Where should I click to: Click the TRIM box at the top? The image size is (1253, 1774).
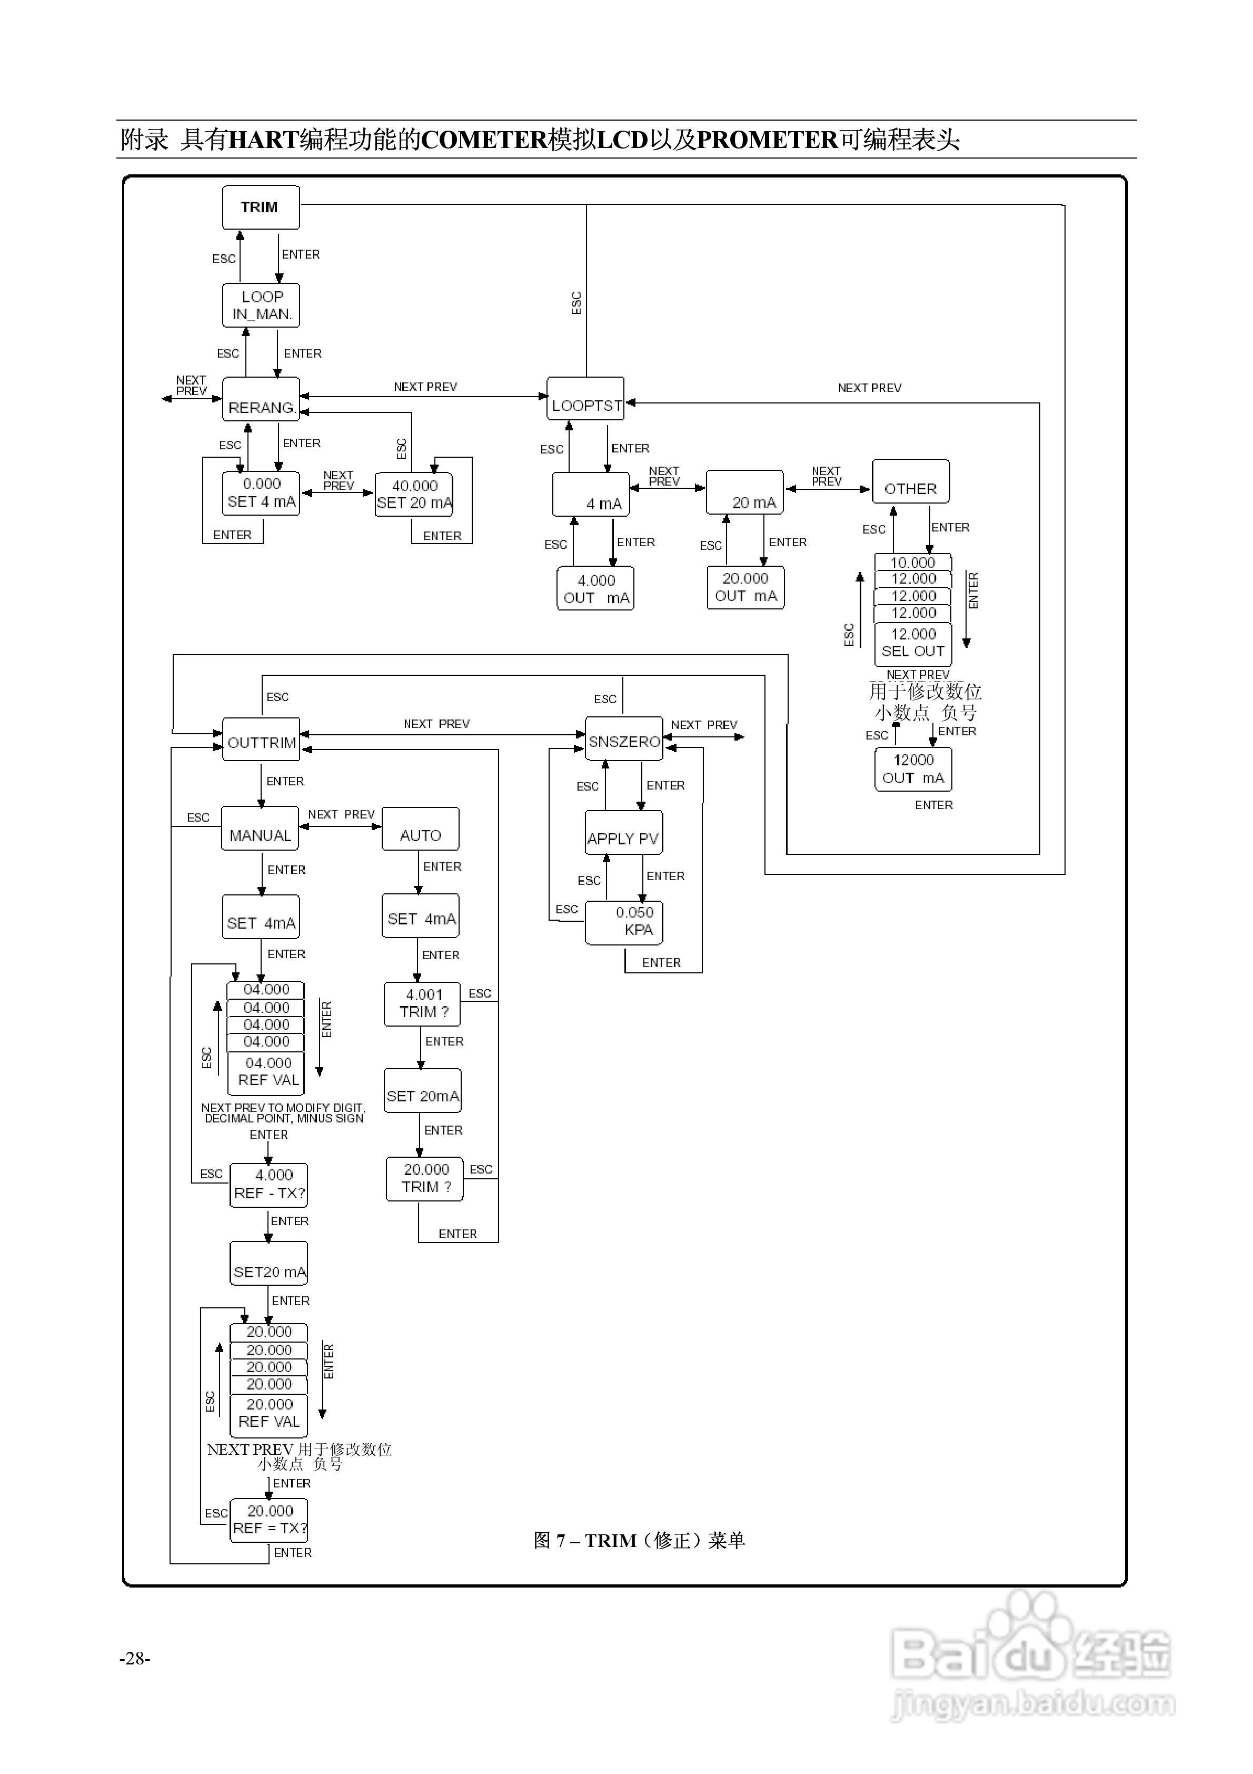pyautogui.click(x=260, y=207)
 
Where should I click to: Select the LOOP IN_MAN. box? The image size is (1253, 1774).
pyautogui.click(x=261, y=305)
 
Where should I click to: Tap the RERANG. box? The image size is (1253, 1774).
pyautogui.click(x=261, y=399)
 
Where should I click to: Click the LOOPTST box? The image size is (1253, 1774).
pyautogui.click(x=585, y=399)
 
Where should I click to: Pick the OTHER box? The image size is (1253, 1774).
pyautogui.click(x=911, y=482)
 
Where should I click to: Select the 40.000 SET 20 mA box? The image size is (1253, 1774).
pyautogui.click(x=414, y=495)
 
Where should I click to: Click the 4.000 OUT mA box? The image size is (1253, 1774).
pyautogui.click(x=595, y=589)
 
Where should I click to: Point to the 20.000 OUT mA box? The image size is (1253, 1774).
pyautogui.click(x=745, y=587)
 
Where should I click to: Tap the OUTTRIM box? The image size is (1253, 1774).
pyautogui.click(x=261, y=740)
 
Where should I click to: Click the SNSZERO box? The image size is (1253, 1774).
pyautogui.click(x=624, y=740)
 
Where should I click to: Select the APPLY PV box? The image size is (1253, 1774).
pyautogui.click(x=623, y=833)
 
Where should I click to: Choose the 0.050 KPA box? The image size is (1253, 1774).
pyautogui.click(x=624, y=922)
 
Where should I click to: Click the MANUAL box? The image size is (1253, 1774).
pyautogui.click(x=260, y=829)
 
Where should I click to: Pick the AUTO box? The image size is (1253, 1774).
pyautogui.click(x=420, y=829)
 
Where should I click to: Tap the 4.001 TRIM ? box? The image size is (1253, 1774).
pyautogui.click(x=422, y=1004)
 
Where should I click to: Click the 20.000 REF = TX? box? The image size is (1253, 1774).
pyautogui.click(x=269, y=1520)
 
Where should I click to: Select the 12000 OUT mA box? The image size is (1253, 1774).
pyautogui.click(x=913, y=770)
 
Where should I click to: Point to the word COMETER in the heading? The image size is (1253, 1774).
pyautogui.click(x=484, y=140)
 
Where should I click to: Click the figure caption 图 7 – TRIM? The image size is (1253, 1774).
pyautogui.click(x=638, y=1540)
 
